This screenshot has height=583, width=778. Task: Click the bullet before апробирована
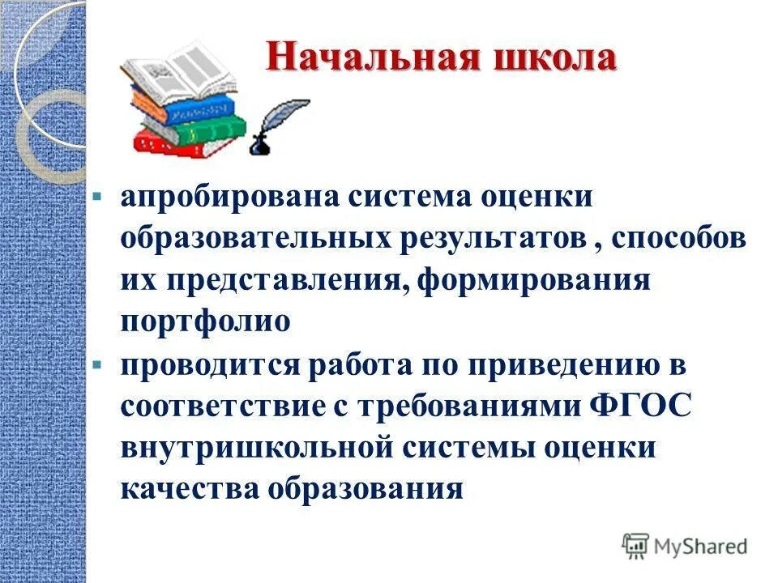(96, 198)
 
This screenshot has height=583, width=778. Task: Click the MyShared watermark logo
(685, 546)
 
